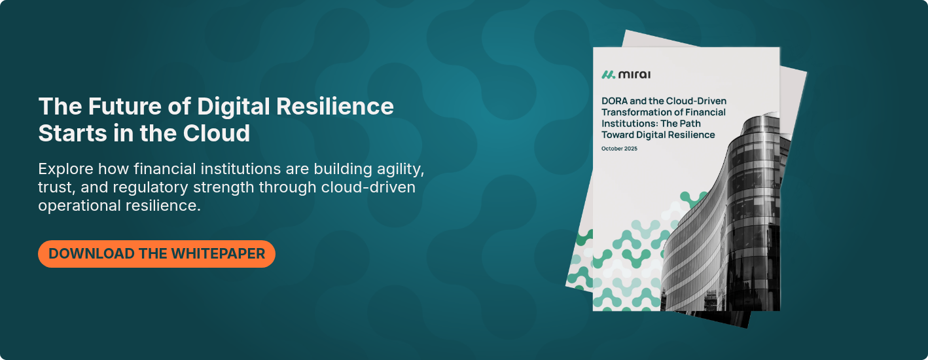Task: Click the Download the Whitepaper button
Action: click(156, 254)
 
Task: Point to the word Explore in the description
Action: click(66, 168)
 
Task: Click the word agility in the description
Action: click(402, 168)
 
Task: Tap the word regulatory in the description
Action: click(146, 187)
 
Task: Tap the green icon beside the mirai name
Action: click(609, 74)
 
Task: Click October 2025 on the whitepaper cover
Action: click(619, 149)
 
